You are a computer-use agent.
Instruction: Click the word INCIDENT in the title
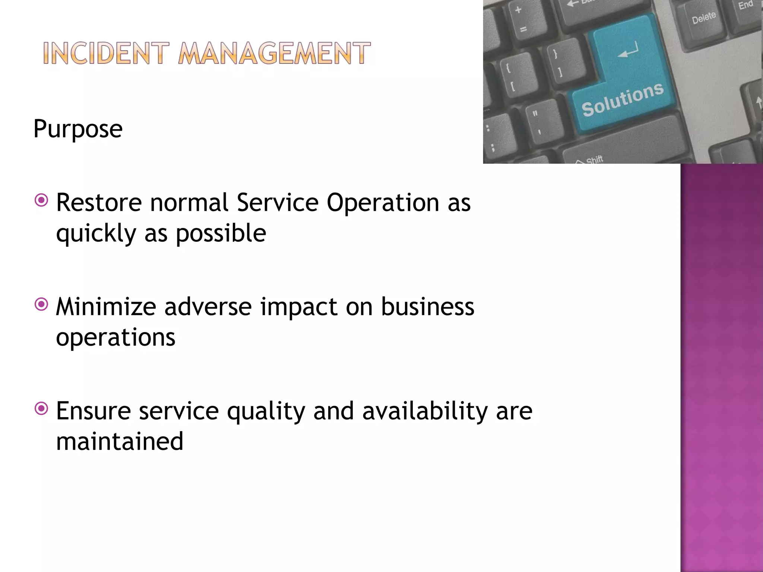[106, 53]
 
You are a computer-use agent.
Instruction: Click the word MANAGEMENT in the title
[274, 53]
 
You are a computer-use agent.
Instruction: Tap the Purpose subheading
[78, 129]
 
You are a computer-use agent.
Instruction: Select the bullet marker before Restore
[41, 200]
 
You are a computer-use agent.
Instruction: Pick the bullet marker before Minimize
[41, 305]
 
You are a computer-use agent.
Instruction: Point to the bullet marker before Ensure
[41, 409]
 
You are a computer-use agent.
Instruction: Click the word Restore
[99, 203]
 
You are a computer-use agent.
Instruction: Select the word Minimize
[106, 307]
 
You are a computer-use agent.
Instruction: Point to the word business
[427, 307]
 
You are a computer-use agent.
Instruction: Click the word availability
[424, 412]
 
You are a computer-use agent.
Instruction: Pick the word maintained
[120, 441]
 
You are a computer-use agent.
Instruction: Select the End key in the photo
[746, 5]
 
